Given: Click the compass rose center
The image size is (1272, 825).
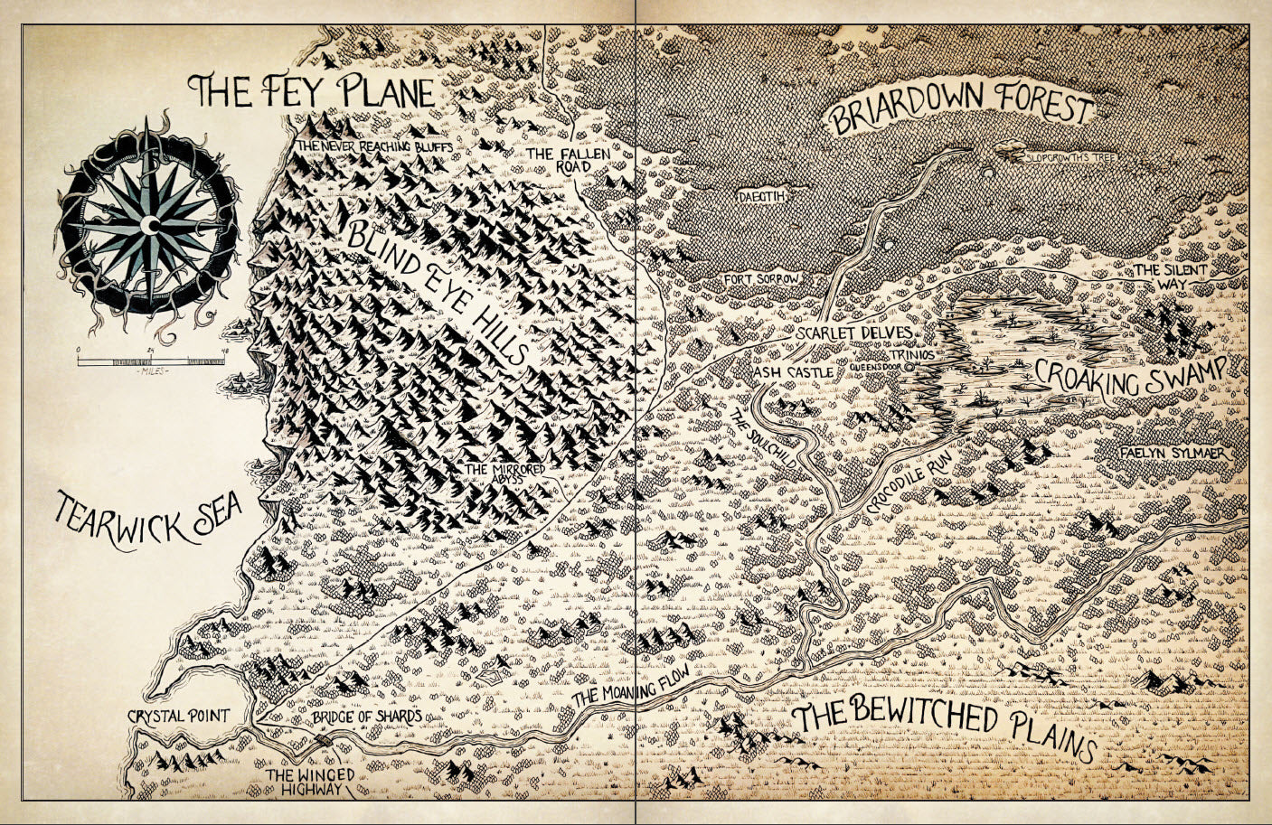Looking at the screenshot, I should [x=148, y=223].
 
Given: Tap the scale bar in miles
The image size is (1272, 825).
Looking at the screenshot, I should [x=150, y=361].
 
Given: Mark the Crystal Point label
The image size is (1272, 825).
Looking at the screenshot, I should [x=178, y=716].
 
